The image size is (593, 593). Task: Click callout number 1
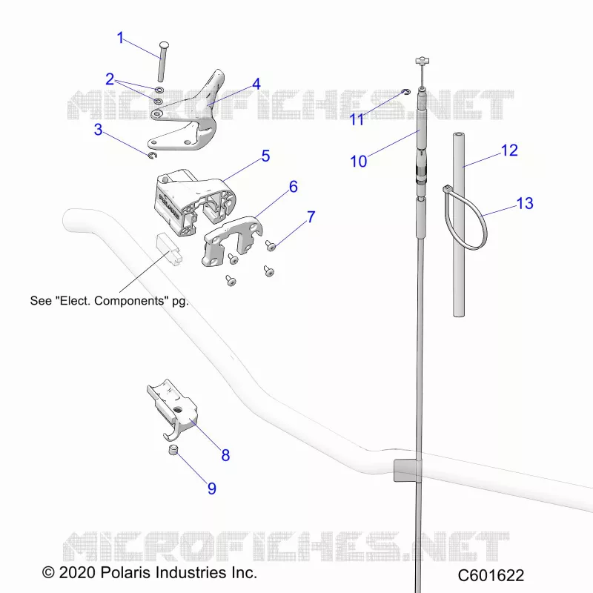(120, 38)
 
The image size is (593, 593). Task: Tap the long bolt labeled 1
(162, 61)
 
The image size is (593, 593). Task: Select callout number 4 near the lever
(256, 84)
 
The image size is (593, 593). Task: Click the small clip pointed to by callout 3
(152, 156)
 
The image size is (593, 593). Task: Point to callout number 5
(265, 156)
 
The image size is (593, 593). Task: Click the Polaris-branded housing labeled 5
(193, 202)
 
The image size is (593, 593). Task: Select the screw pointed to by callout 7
(271, 246)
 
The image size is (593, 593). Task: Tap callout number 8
(225, 455)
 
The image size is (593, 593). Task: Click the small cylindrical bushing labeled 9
(173, 451)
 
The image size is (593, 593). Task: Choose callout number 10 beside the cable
(358, 161)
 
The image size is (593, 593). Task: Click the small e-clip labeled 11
(405, 91)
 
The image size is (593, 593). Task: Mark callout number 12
(509, 150)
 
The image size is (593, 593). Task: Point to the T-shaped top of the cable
(422, 61)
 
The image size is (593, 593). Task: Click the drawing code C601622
(491, 575)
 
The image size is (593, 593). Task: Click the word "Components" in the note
(129, 301)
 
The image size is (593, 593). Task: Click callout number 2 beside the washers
(110, 79)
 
